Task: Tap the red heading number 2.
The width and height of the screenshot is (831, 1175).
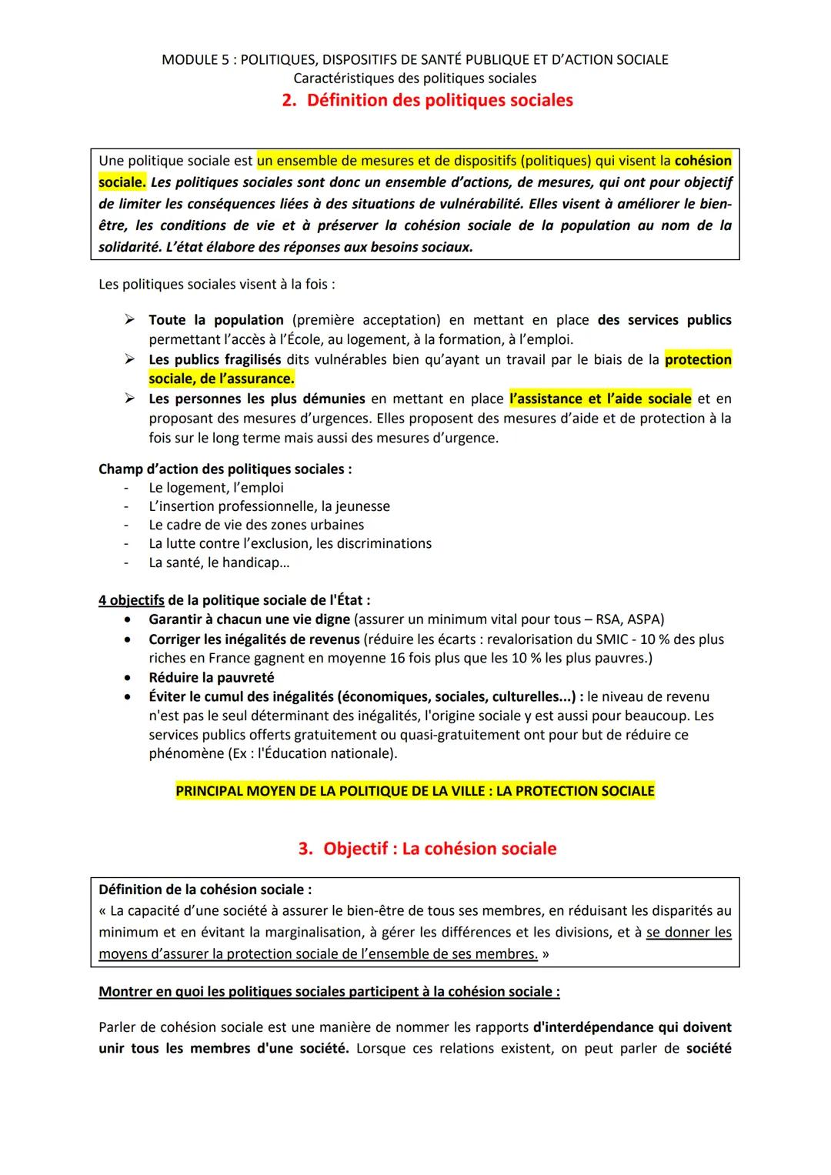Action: point(289,101)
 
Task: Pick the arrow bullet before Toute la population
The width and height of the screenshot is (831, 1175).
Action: point(130,319)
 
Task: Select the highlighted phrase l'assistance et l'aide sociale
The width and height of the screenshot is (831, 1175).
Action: point(600,399)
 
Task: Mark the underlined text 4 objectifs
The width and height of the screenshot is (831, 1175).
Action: point(131,600)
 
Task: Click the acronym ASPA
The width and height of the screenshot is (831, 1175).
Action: point(644,619)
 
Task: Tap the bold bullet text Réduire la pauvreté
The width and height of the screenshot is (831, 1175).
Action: point(212,677)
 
